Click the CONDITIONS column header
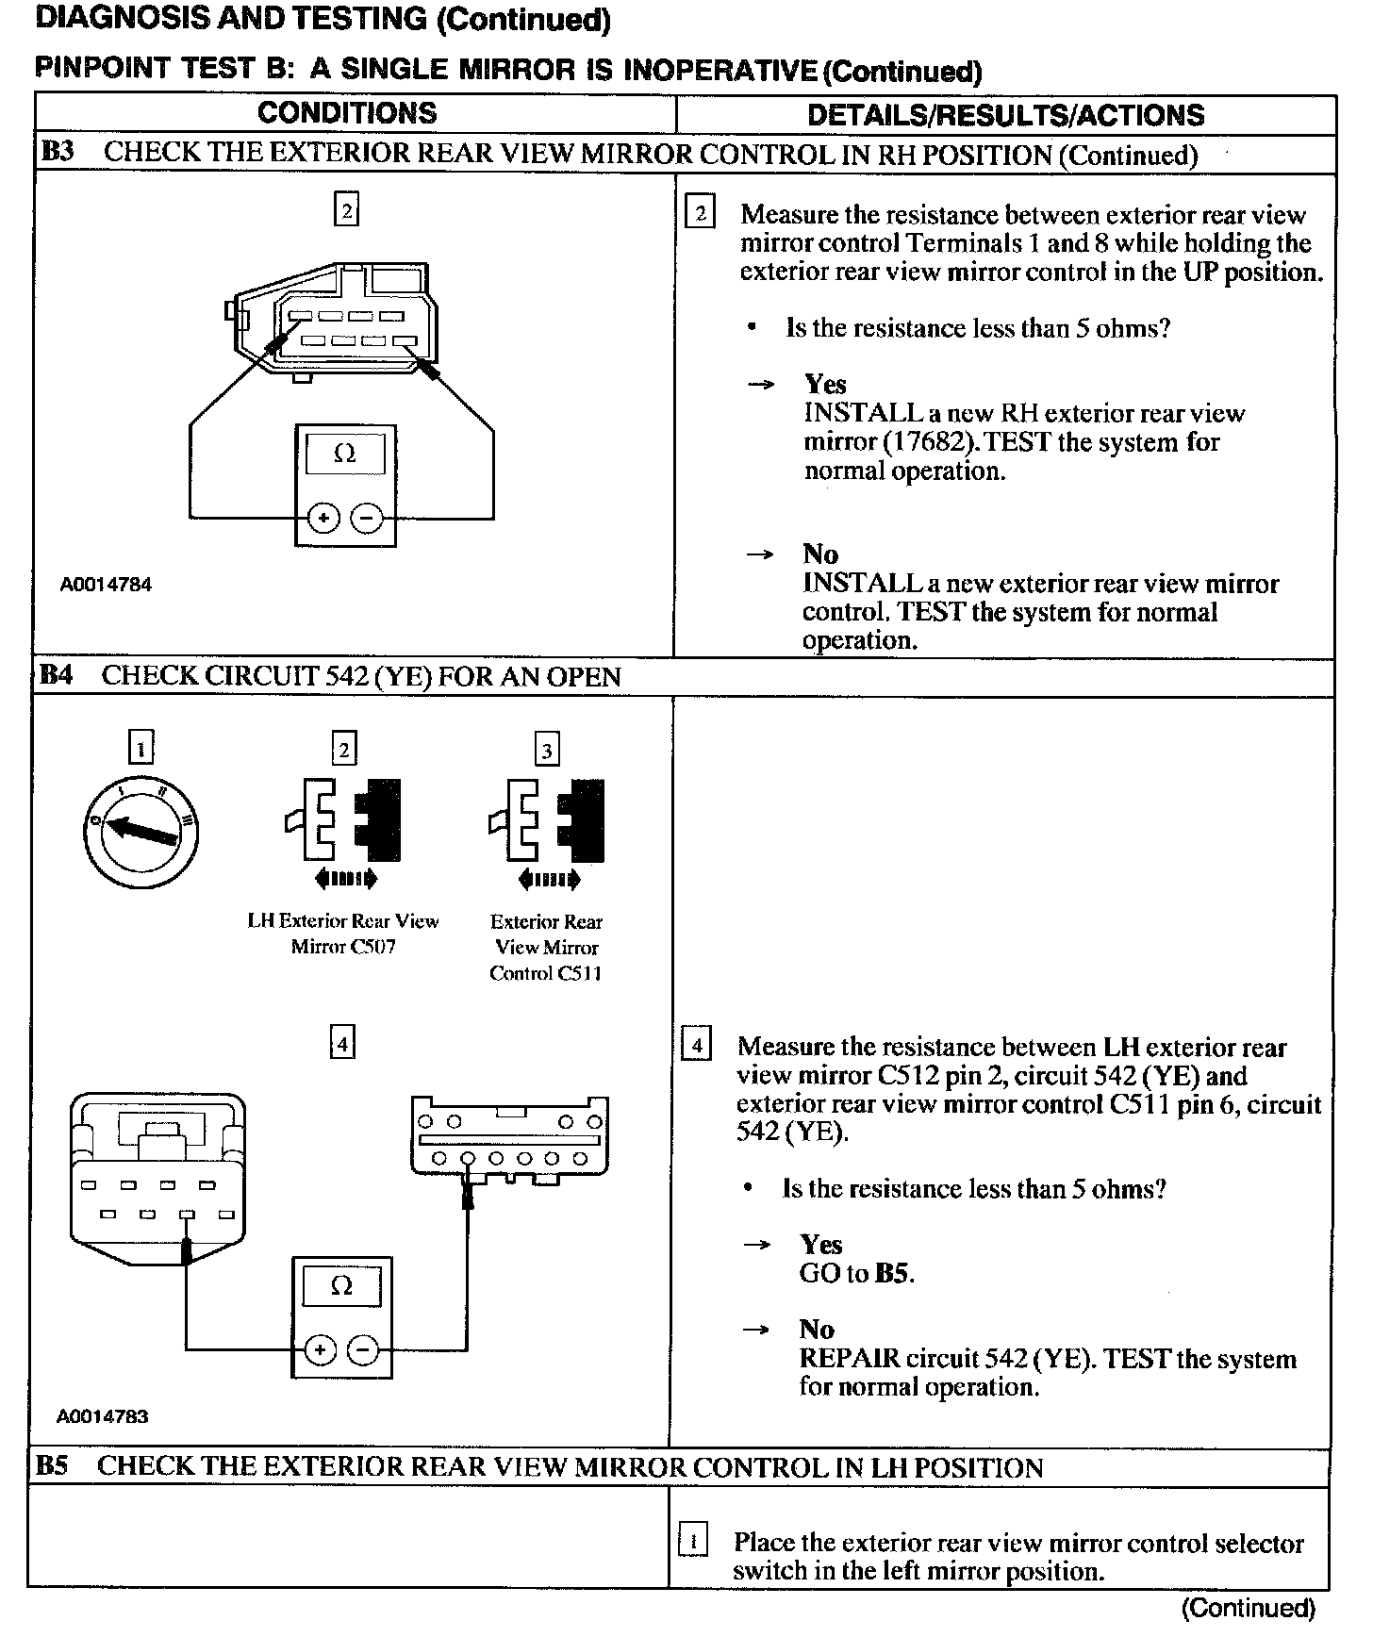pyautogui.click(x=347, y=113)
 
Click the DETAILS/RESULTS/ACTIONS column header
pyautogui.click(x=1005, y=115)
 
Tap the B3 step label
pyautogui.click(x=58, y=153)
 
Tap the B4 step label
pyautogui.click(x=56, y=676)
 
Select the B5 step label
pyautogui.click(x=54, y=1467)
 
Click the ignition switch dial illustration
pyautogui.click(x=141, y=831)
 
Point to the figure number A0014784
pyautogui.click(x=106, y=585)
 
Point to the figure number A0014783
pyautogui.click(x=103, y=1416)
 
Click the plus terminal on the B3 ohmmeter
pyautogui.click(x=323, y=518)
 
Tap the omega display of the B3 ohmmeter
pyautogui.click(x=345, y=454)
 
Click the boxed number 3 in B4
pyautogui.click(x=547, y=751)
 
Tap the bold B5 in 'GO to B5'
pyautogui.click(x=893, y=1273)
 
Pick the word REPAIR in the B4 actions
pyautogui.click(x=849, y=1359)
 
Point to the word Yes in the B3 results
pyautogui.click(x=825, y=384)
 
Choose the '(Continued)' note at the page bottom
pyautogui.click(x=1248, y=1608)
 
